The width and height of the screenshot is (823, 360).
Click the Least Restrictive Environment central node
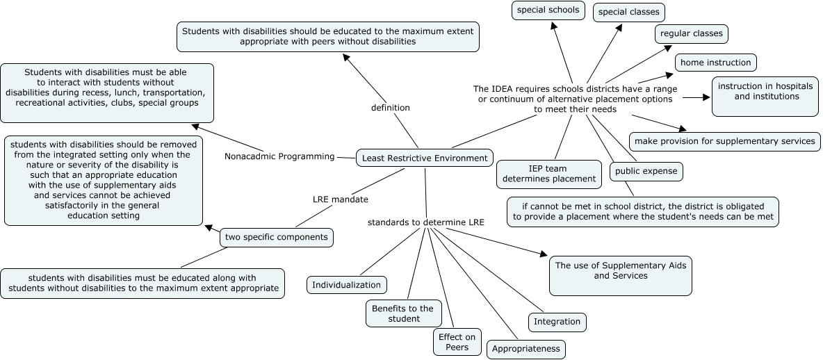[x=425, y=158]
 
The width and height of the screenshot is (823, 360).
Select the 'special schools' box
[x=548, y=10]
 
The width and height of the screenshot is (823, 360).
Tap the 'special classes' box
[x=628, y=13]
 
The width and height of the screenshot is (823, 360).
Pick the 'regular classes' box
[x=691, y=33]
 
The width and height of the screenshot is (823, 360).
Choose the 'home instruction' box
[x=715, y=63]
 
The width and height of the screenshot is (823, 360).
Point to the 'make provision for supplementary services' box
[x=724, y=141]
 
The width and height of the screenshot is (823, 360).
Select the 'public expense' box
[x=646, y=171]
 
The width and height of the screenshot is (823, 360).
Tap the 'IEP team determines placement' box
[x=548, y=174]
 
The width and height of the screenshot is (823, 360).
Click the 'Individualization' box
[x=346, y=285]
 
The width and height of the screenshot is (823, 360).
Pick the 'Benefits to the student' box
[x=402, y=313]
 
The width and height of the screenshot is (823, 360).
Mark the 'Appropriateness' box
[x=525, y=349]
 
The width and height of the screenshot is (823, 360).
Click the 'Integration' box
[x=557, y=322]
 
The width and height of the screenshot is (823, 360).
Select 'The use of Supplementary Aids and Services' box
[x=620, y=276]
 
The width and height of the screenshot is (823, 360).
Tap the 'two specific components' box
[x=276, y=238]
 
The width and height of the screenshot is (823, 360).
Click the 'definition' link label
[x=390, y=108]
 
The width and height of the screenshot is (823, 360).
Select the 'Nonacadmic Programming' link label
[x=279, y=156]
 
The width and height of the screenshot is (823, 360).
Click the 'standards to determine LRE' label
[x=425, y=222]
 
